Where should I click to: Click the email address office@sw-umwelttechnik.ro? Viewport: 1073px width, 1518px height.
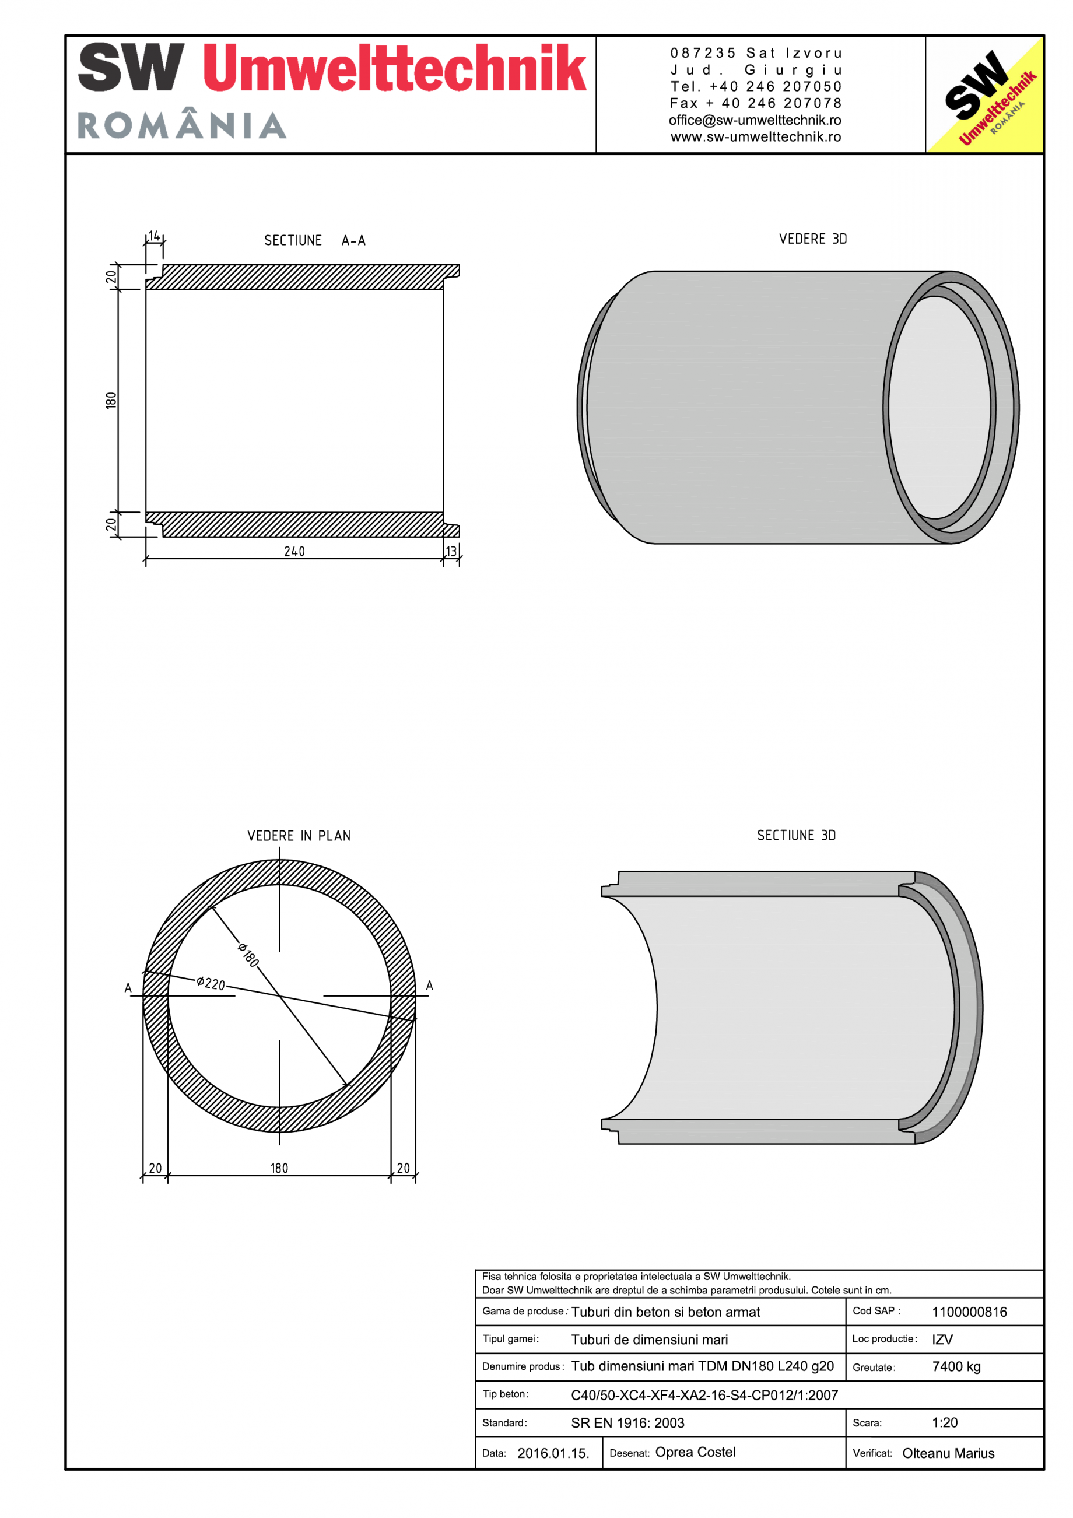click(x=755, y=120)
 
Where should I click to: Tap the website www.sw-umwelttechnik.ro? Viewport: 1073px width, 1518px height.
click(x=756, y=137)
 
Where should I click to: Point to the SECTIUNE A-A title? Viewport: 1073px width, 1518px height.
click(x=315, y=241)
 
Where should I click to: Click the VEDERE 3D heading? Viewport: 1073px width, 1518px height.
click(x=812, y=239)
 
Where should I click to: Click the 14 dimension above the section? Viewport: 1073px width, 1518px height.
click(x=154, y=236)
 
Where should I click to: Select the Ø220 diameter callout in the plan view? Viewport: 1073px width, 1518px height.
click(x=211, y=983)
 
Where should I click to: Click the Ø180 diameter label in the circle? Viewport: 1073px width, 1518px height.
click(x=248, y=955)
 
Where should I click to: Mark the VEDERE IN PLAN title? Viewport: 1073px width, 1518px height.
click(x=299, y=836)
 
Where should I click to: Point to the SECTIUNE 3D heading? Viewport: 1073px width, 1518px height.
click(x=796, y=836)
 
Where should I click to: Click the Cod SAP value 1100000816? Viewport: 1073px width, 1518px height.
click(x=969, y=1312)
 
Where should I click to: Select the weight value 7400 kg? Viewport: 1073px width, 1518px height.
click(x=956, y=1366)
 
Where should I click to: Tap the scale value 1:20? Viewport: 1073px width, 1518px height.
click(x=945, y=1423)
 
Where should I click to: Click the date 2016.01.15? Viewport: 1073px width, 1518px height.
click(x=553, y=1453)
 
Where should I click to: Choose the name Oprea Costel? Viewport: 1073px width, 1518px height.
click(x=695, y=1452)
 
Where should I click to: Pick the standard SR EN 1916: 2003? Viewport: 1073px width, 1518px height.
click(x=627, y=1423)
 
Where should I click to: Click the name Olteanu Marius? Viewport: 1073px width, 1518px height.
click(x=948, y=1453)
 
